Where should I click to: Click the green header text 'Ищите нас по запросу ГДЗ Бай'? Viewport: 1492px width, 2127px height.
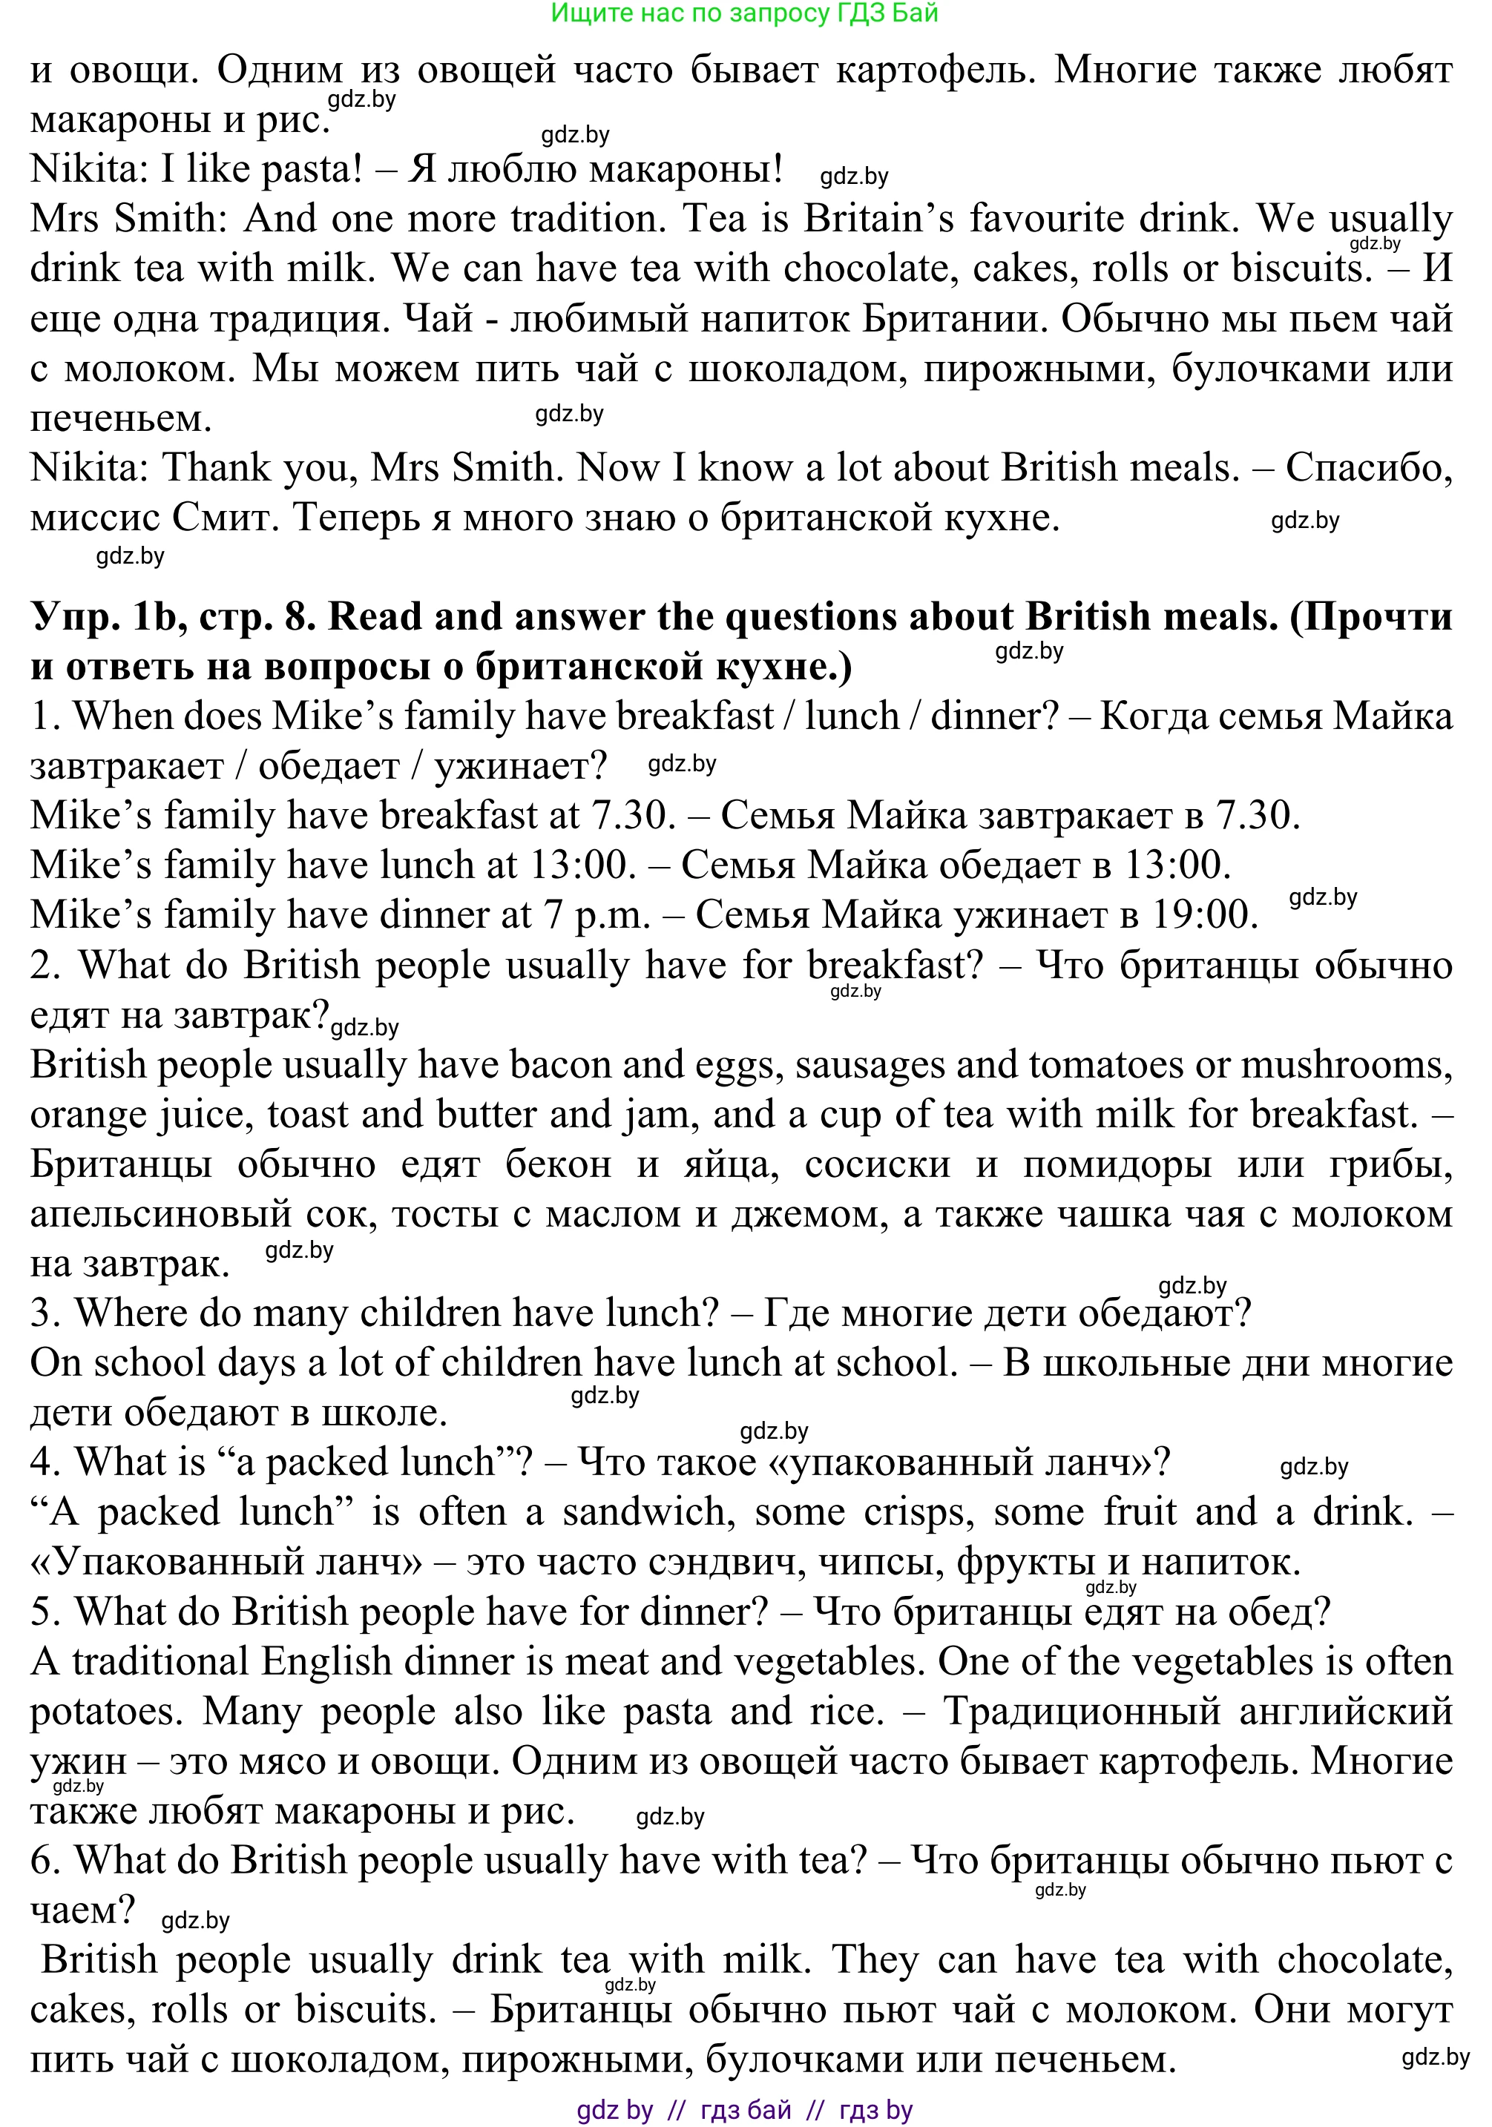pyautogui.click(x=744, y=13)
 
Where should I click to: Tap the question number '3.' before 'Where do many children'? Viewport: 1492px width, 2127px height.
pyautogui.click(x=45, y=1313)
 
